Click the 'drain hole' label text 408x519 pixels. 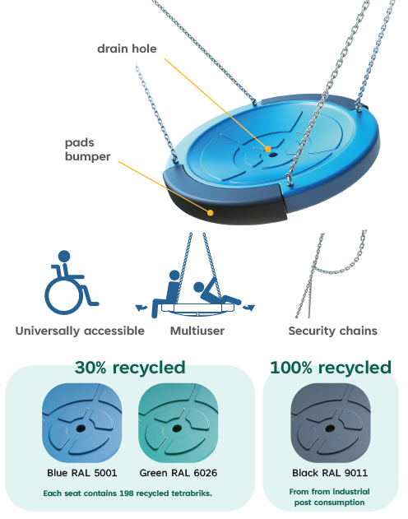(127, 49)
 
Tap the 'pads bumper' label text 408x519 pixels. (88, 149)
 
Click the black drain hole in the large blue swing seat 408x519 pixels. (272, 155)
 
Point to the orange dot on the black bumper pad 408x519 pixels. (210, 212)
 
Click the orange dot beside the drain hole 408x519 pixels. (267, 149)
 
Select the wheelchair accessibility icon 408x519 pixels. (71, 282)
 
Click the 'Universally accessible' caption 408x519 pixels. (80, 331)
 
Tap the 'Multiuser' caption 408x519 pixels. (197, 331)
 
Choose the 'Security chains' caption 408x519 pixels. (332, 331)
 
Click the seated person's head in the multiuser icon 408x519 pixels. (174, 276)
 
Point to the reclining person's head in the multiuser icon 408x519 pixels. (199, 287)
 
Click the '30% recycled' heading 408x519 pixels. (130, 368)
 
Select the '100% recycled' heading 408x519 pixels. (331, 368)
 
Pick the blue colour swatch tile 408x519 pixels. (82, 423)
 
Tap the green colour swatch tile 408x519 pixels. (178, 423)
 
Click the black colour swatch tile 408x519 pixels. (330, 423)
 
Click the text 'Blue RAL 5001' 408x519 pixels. (82, 473)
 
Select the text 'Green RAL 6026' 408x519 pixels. (178, 473)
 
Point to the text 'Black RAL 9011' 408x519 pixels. (330, 473)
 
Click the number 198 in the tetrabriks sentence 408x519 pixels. (127, 494)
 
